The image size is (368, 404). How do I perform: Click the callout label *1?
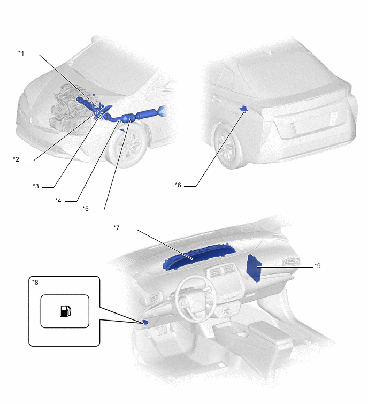pyautogui.click(x=21, y=54)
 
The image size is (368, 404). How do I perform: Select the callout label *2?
pyautogui.click(x=16, y=159)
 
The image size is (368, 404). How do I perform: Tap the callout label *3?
pyautogui.click(x=36, y=186)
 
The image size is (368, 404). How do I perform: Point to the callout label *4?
pyautogui.click(x=58, y=200)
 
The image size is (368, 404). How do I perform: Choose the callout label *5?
pyautogui.click(x=86, y=209)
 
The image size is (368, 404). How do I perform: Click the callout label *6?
pyautogui.click(x=178, y=185)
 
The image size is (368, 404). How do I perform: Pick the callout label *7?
pyautogui.click(x=117, y=228)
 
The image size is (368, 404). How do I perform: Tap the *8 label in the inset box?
pyautogui.click(x=35, y=283)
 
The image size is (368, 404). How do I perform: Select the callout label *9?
pyautogui.click(x=318, y=265)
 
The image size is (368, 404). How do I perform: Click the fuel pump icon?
pyautogui.click(x=66, y=311)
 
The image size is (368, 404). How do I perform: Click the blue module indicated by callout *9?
pyautogui.click(x=254, y=268)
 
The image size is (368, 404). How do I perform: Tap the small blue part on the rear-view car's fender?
pyautogui.click(x=243, y=109)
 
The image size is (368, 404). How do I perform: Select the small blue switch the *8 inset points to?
pyautogui.click(x=145, y=322)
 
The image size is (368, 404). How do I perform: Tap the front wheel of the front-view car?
pyautogui.click(x=128, y=146)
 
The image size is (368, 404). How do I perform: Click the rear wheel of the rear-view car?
pyautogui.click(x=228, y=146)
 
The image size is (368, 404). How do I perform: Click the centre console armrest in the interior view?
pyautogui.click(x=271, y=332)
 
